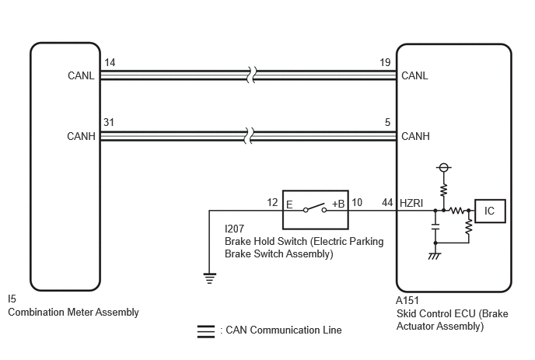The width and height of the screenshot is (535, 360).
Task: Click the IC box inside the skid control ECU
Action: [x=490, y=211]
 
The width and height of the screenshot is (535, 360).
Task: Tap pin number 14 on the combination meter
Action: [x=110, y=62]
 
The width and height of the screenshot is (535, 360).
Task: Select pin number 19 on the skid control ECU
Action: [x=385, y=62]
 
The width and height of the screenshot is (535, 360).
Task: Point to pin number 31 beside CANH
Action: [x=109, y=122]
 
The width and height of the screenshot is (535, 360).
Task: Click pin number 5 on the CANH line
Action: [x=387, y=122]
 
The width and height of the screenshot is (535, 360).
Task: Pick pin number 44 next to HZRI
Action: [x=387, y=203]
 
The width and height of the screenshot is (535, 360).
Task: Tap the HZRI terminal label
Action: [x=411, y=204]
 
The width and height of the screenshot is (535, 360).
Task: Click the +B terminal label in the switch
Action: [x=338, y=204]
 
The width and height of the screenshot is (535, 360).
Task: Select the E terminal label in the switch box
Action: [x=289, y=204]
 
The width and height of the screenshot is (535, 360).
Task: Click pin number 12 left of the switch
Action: [x=272, y=203]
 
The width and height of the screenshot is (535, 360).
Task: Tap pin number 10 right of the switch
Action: [x=357, y=203]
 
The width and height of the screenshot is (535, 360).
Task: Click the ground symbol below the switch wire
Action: [x=210, y=278]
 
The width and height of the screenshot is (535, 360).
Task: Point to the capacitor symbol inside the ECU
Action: [x=435, y=227]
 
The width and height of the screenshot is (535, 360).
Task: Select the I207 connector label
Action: [x=234, y=229]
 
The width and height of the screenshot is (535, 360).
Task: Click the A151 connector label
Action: [x=407, y=300]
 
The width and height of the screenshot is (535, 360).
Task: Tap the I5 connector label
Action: [x=12, y=299]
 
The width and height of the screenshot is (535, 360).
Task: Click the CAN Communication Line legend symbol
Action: [x=206, y=331]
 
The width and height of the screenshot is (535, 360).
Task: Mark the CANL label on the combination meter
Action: [x=81, y=75]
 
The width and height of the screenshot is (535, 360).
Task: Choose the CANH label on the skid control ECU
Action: [x=415, y=136]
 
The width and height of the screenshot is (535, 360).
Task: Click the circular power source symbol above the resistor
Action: [x=443, y=167]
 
